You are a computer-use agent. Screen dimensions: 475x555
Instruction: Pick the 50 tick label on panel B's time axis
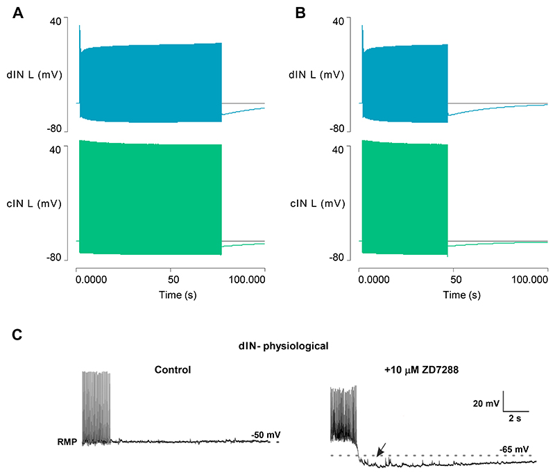pyautogui.click(x=455, y=278)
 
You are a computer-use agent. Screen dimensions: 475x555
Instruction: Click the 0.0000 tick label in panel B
pyautogui.click(x=377, y=278)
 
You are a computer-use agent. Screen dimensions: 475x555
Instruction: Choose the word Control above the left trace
pyautogui.click(x=173, y=369)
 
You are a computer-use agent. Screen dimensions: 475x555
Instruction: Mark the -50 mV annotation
pyautogui.click(x=264, y=435)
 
